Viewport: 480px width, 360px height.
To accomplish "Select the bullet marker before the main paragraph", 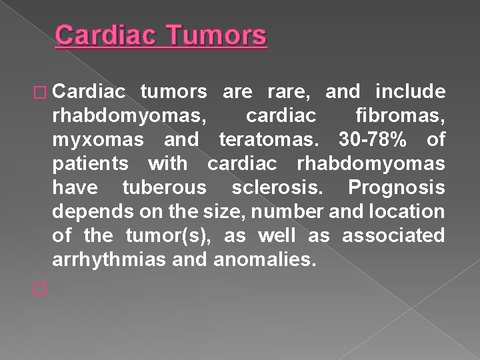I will tap(40, 91).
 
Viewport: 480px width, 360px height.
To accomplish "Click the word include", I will tap(410, 91).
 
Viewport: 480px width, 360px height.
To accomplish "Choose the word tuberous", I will tap(164, 188).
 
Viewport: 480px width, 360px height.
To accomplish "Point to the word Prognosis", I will tap(396, 188).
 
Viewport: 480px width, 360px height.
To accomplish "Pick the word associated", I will tap(393, 235).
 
